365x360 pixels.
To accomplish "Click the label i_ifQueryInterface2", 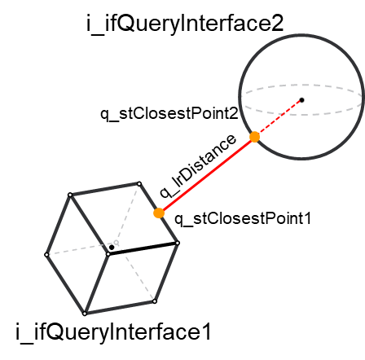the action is (185, 24).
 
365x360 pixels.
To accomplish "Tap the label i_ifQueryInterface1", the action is (113, 332).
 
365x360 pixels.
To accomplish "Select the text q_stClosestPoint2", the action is (169, 113).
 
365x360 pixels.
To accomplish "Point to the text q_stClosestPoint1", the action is (243, 219).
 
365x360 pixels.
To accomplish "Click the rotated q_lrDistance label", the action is (198, 166).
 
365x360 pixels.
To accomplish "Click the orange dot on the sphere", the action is (255, 137).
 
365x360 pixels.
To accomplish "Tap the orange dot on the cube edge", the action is (159, 213).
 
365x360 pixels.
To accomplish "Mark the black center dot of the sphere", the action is (301, 100).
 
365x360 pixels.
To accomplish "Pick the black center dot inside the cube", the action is (112, 248).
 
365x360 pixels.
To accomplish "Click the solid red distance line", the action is (207, 175).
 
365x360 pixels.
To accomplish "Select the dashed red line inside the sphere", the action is (278, 119).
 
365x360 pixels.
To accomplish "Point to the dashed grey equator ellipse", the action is (301, 85).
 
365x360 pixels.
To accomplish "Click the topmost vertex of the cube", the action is (139, 184).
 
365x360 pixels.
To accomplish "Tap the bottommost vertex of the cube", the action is (85, 314).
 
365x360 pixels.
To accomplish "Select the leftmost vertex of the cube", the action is (46, 255).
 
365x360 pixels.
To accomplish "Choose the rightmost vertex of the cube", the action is (178, 243).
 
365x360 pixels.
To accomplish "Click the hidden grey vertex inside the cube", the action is (117, 242).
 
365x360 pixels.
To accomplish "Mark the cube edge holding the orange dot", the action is (158, 213).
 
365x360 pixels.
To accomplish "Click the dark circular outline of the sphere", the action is (301, 34).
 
